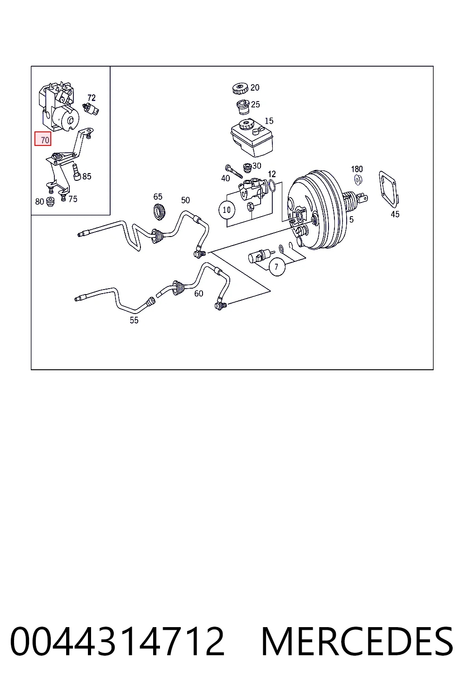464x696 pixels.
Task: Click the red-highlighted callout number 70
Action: click(43, 140)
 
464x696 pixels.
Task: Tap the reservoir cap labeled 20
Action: click(240, 88)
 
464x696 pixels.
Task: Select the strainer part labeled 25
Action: click(243, 107)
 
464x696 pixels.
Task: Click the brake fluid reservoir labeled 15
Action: click(252, 138)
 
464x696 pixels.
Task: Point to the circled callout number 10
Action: click(227, 210)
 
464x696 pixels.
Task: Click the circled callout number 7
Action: click(276, 267)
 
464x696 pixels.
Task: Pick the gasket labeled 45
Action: click(388, 189)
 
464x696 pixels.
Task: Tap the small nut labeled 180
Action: click(358, 179)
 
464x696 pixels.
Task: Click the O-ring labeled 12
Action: click(271, 185)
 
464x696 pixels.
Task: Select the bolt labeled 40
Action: click(234, 172)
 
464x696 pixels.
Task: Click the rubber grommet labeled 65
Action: click(159, 212)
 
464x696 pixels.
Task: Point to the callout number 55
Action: click(134, 320)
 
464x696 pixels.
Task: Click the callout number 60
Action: click(198, 293)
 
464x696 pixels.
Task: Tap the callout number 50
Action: click(185, 200)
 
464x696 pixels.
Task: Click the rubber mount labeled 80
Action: click(50, 202)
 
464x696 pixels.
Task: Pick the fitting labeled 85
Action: click(77, 173)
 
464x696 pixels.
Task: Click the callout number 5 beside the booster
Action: click(351, 220)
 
